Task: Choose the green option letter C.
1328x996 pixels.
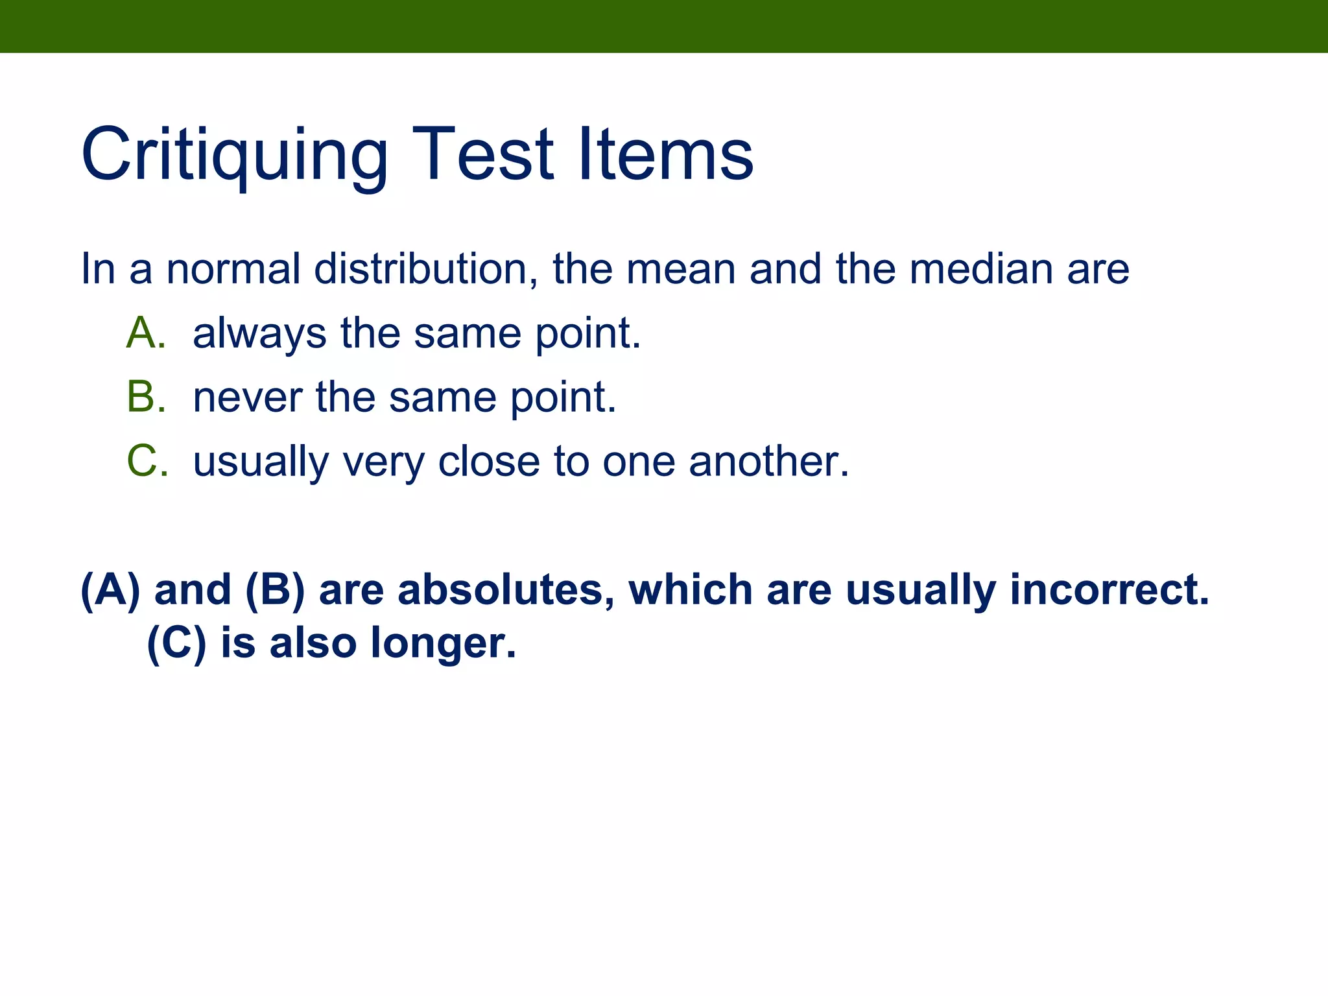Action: point(143,462)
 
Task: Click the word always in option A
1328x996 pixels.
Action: point(259,335)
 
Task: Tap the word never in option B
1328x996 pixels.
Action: point(246,398)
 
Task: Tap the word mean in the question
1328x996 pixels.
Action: point(681,270)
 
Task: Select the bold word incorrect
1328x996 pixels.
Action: point(1109,590)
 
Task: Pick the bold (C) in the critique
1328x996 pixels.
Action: point(176,643)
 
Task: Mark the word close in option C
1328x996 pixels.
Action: point(489,462)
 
